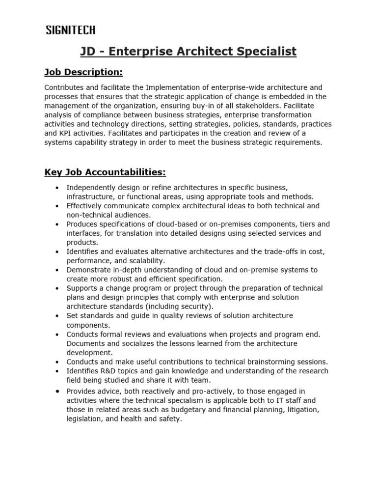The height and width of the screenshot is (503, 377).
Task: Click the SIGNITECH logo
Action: (71, 30)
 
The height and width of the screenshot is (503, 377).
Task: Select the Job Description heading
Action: (83, 73)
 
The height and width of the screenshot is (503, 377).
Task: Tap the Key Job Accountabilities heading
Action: (105, 172)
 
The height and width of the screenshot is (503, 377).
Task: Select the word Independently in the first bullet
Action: (90, 188)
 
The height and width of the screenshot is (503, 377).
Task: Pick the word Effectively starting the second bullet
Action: (85, 206)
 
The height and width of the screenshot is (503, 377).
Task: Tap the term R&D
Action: (110, 371)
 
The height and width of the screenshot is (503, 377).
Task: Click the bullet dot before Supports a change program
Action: (58, 288)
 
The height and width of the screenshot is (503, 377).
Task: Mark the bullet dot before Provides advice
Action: (58, 391)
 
